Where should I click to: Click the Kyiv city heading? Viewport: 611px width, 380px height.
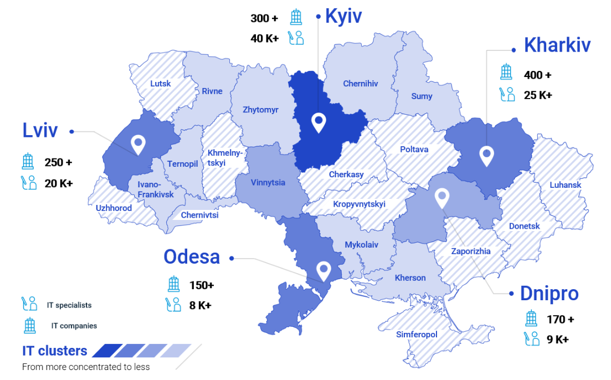(x=343, y=16)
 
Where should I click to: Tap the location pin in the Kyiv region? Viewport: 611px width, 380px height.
(x=318, y=122)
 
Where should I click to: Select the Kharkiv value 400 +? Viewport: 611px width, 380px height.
(x=537, y=75)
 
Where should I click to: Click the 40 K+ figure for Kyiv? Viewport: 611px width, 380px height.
(x=264, y=38)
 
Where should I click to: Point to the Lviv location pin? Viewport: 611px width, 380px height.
(x=137, y=145)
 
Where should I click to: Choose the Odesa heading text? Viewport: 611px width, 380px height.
(x=192, y=257)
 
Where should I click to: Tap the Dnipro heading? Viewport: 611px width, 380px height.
(x=549, y=294)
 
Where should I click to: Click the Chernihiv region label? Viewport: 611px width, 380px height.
(x=360, y=84)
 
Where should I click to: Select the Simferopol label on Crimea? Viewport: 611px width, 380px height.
(x=417, y=335)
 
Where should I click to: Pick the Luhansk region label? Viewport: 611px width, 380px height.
(x=565, y=185)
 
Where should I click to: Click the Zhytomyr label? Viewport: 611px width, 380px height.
(x=260, y=110)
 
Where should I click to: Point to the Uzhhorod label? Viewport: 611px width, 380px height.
(x=114, y=208)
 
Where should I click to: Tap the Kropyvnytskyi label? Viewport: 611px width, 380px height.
(x=359, y=204)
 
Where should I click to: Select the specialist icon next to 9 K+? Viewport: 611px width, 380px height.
(x=531, y=339)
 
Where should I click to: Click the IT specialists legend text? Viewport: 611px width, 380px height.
(x=69, y=305)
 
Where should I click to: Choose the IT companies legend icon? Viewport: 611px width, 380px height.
(x=29, y=325)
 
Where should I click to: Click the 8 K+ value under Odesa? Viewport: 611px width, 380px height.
(x=200, y=305)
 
